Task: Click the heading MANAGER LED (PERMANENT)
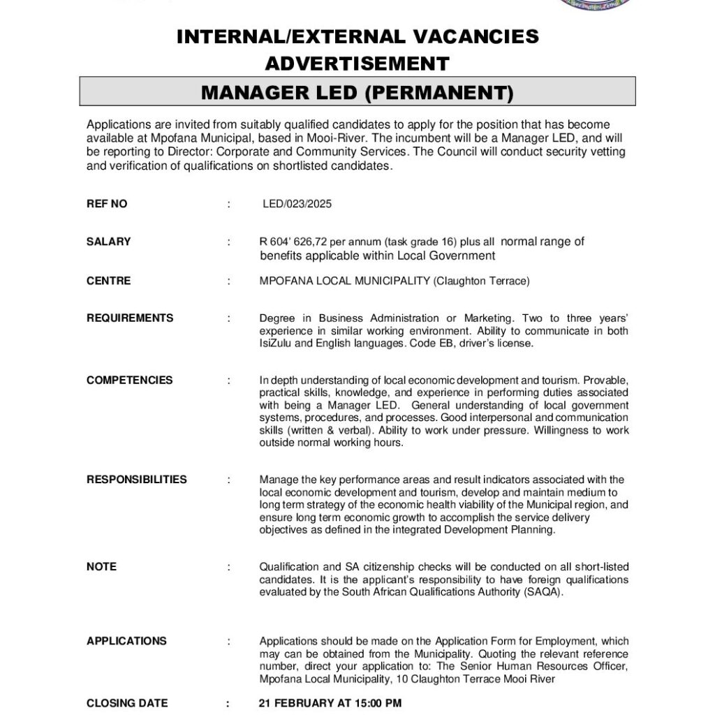coord(357,92)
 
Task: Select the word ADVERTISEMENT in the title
coord(357,64)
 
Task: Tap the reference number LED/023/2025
coord(297,204)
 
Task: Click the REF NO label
coord(107,204)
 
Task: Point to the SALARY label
coord(108,242)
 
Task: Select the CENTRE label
coord(108,281)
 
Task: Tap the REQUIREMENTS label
coord(130,318)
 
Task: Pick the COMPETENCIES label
coord(129,380)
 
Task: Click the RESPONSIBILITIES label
coord(137,479)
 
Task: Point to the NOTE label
coord(101,566)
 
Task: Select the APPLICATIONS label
coord(126,641)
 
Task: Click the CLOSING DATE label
coord(127,703)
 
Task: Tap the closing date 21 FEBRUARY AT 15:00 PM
coord(330,703)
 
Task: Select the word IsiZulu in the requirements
coord(277,344)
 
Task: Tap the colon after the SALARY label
coord(228,242)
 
